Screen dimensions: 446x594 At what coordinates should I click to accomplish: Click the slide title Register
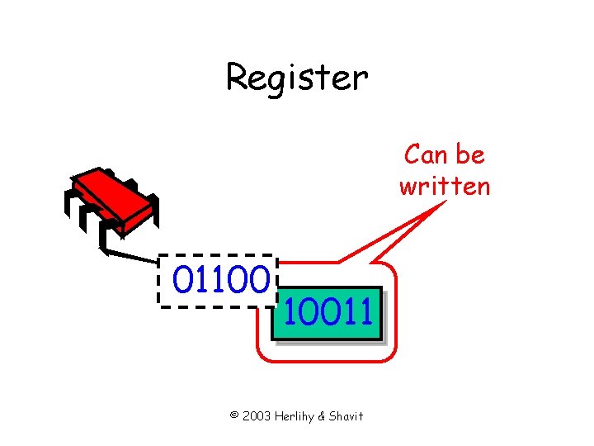tap(297, 78)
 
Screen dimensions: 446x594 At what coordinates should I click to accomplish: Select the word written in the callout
tap(445, 186)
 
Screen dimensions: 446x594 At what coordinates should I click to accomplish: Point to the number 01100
tap(221, 281)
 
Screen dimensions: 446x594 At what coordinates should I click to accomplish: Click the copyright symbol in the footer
tap(234, 416)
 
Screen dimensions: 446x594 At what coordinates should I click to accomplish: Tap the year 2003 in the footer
tap(257, 416)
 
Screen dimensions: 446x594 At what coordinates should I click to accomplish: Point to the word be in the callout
tap(472, 154)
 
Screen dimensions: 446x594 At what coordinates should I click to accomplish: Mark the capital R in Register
tap(238, 78)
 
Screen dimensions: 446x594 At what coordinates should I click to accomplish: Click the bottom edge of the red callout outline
tap(322, 362)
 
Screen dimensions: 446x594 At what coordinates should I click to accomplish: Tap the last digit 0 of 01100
tap(260, 281)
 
